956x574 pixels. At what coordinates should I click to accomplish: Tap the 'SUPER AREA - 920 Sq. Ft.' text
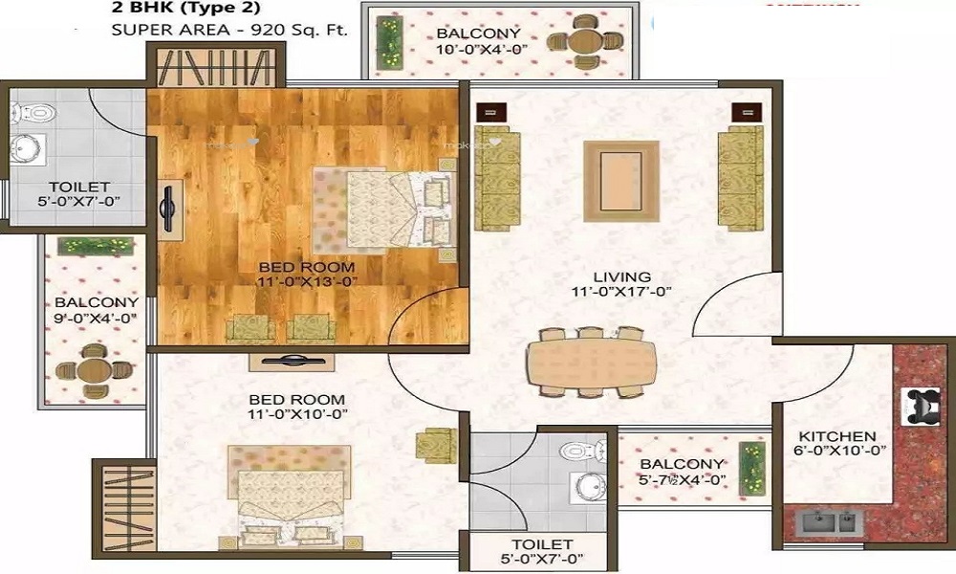coord(229,29)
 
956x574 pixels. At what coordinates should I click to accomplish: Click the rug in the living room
coord(620,178)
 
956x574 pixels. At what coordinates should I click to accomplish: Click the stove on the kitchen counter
coord(923,405)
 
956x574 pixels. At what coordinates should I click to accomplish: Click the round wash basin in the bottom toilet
coord(590,486)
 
